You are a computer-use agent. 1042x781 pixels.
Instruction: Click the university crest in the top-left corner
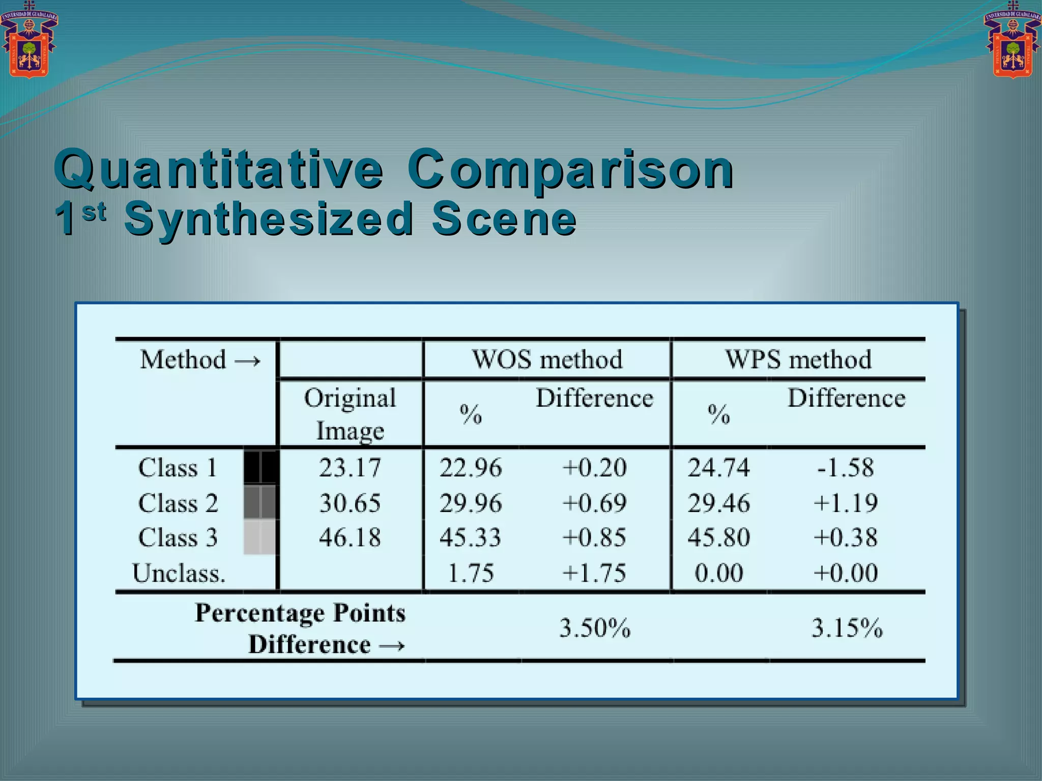tap(29, 41)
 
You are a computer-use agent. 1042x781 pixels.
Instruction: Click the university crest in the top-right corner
tap(1012, 41)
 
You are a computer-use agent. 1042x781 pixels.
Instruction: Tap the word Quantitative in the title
tap(219, 169)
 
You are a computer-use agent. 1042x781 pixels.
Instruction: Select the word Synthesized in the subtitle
tap(269, 219)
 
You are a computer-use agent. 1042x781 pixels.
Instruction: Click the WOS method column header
tap(547, 359)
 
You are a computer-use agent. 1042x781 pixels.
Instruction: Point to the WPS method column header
tap(798, 359)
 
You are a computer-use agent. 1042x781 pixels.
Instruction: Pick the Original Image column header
tap(350, 414)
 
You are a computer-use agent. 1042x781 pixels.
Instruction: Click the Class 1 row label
tap(178, 467)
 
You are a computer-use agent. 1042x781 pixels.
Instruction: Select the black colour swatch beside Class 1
tap(261, 467)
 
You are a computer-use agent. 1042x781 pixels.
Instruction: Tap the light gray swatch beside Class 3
tap(260, 537)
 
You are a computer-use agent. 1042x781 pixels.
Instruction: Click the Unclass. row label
tap(179, 573)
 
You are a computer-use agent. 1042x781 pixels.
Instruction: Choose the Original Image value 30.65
tap(350, 503)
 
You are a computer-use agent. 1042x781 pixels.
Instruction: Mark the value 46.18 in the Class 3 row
tap(350, 537)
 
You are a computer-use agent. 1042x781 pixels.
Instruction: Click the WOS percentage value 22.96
tap(471, 467)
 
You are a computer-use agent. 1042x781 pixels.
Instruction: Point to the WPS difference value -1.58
tap(846, 467)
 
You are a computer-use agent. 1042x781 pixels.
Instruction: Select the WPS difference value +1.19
tap(846, 503)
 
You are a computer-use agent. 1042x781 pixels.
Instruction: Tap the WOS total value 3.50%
tap(595, 628)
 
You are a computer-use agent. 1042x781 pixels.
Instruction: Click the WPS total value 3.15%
tap(847, 628)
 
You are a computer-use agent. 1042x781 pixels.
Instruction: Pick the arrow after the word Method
tap(248, 361)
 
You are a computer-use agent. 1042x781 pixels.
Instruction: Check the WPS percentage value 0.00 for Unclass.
tap(719, 573)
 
